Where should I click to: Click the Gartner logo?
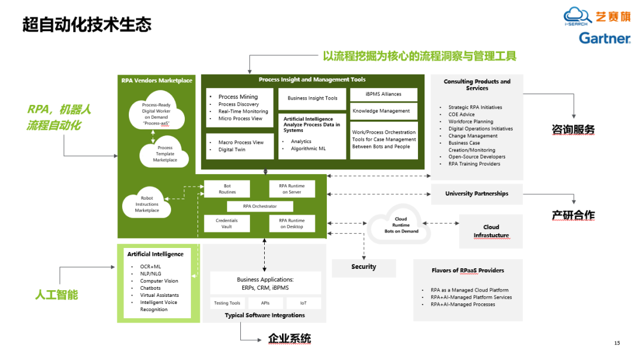(605, 38)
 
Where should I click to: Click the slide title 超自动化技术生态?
(87, 24)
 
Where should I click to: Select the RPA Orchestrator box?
(259, 206)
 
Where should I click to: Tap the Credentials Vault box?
(227, 224)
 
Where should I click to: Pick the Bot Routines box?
(227, 189)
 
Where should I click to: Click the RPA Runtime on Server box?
(292, 189)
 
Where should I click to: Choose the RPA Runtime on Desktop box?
(292, 224)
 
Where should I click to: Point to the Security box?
(364, 267)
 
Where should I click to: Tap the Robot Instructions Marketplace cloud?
(147, 204)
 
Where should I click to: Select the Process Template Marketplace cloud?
(165, 154)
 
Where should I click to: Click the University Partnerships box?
(476, 194)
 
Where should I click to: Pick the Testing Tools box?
(227, 303)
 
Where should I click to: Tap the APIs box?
(265, 303)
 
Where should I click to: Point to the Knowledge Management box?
(381, 111)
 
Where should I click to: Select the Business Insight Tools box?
(312, 98)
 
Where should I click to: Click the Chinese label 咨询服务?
(573, 129)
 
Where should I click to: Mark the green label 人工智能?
(57, 294)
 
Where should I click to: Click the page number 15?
(617, 343)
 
